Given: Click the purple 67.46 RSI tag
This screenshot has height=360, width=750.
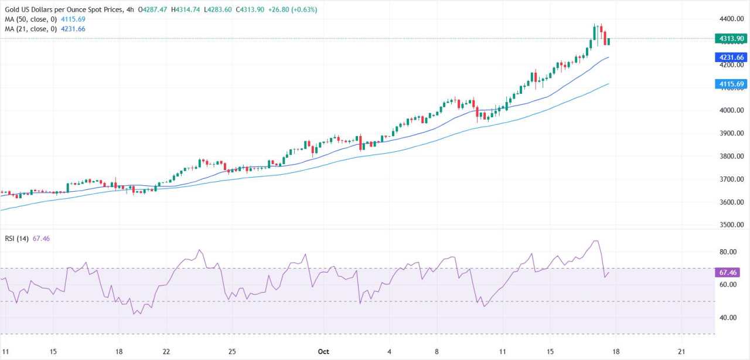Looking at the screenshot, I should point(729,273).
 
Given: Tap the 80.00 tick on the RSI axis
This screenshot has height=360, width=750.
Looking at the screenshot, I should point(728,252).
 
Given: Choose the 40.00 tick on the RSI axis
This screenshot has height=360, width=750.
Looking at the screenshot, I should point(728,318).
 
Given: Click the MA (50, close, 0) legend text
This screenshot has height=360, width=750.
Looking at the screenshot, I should point(29,19).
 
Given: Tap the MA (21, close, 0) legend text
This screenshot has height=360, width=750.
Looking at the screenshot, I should point(29,29).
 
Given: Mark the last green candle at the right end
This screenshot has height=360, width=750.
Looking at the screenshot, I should point(609,41).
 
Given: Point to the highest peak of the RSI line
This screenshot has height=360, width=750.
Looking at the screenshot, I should point(595,241).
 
